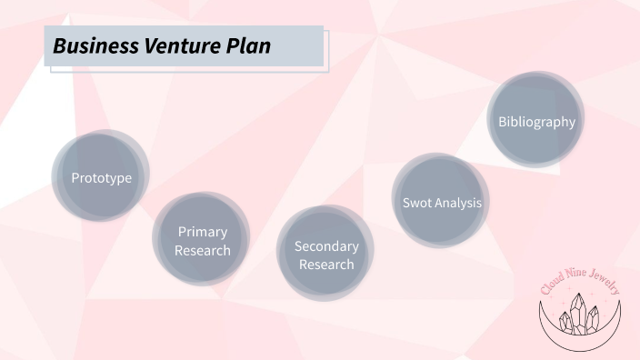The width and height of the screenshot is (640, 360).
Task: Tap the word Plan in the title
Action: coord(247,45)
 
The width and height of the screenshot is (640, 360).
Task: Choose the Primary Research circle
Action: coord(202,240)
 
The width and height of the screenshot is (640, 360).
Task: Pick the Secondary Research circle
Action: coord(326,255)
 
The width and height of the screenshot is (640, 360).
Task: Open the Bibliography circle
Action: coord(536,121)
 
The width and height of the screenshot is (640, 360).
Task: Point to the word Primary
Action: coord(203,232)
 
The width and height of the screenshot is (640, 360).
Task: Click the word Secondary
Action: coord(326,246)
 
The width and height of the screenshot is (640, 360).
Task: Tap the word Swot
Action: coord(417,203)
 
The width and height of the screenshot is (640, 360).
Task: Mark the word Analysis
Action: coord(458,203)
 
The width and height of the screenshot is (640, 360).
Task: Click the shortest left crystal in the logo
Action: coord(565,322)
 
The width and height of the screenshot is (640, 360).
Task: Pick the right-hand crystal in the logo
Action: coord(593,319)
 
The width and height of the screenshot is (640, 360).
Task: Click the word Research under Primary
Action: coord(203,250)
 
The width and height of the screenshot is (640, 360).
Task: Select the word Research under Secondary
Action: coord(326,265)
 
